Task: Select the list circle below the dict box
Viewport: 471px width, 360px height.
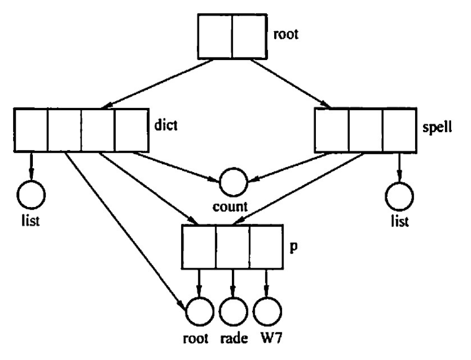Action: (x=31, y=194)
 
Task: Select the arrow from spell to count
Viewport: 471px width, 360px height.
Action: (x=282, y=167)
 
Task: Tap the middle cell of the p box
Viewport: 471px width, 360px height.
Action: (x=232, y=246)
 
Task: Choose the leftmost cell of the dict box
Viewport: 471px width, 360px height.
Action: (x=31, y=130)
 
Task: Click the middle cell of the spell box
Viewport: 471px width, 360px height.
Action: (x=366, y=130)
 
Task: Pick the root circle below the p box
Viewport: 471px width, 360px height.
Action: (x=198, y=312)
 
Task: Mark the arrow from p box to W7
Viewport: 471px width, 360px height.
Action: (x=267, y=282)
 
